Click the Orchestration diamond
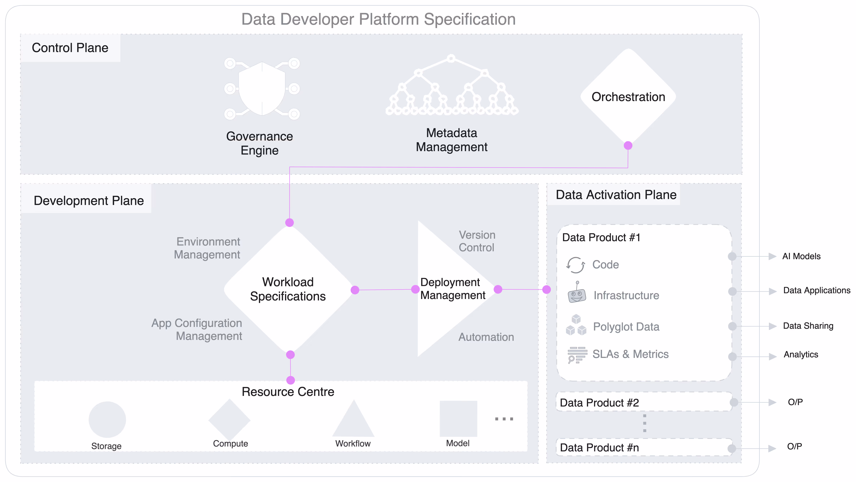tap(628, 97)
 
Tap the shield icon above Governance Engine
tap(262, 89)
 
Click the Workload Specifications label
tap(288, 289)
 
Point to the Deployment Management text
tap(452, 289)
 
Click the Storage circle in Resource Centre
tap(107, 420)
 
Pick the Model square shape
tap(458, 419)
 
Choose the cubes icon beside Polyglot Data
tap(576, 325)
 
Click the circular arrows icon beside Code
tap(575, 265)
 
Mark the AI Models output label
tap(801, 256)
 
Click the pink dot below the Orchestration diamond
tap(628, 145)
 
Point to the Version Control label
tap(477, 241)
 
